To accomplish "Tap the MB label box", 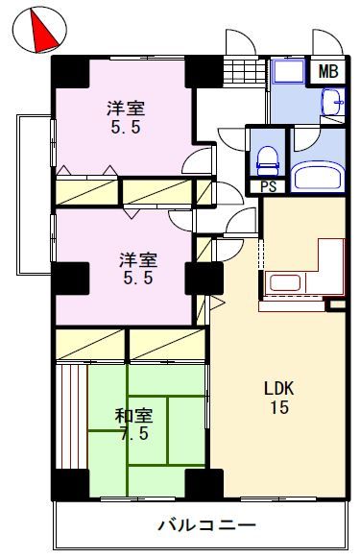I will pyautogui.click(x=328, y=72).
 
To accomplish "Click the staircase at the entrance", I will pyautogui.click(x=247, y=71).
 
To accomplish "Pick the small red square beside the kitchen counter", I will pyautogui.click(x=335, y=305).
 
